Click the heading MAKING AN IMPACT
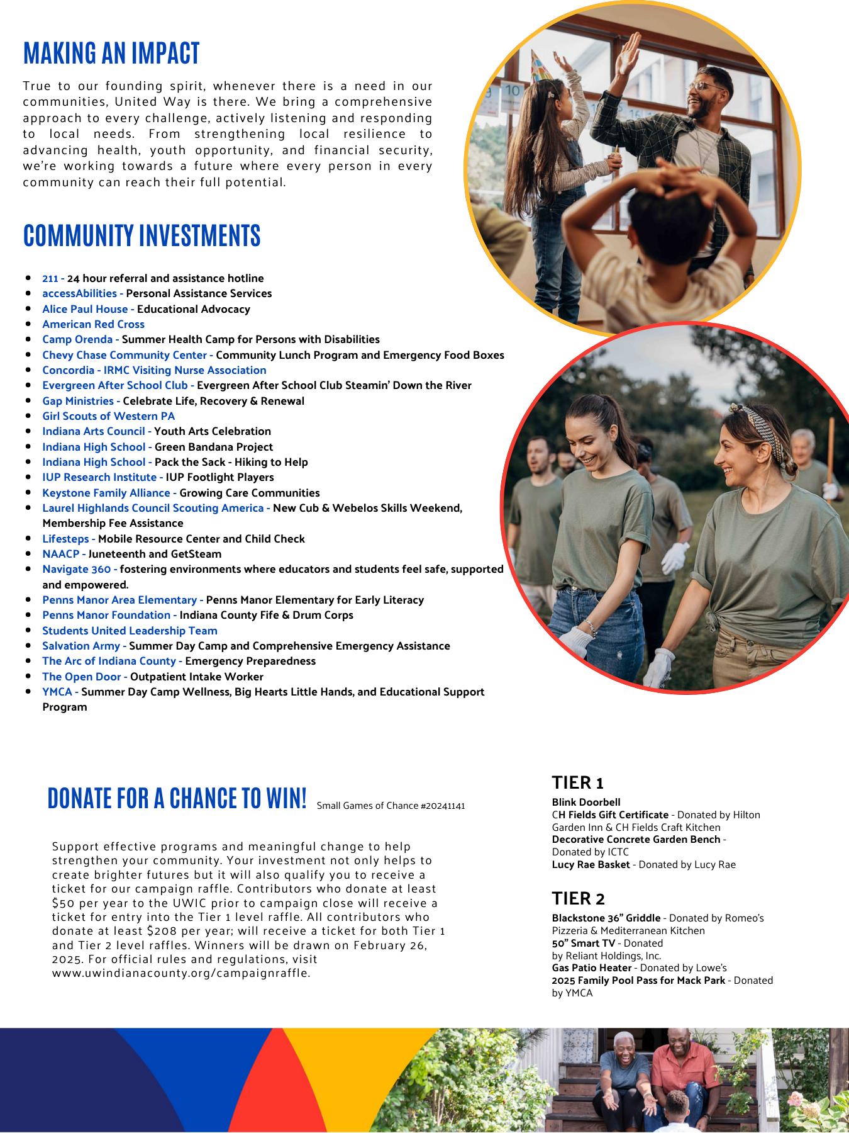point(111,54)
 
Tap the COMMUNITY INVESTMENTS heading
point(141,236)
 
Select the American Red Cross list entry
point(93,324)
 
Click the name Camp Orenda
point(77,339)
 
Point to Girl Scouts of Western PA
point(108,416)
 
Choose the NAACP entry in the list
point(60,554)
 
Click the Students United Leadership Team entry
point(130,631)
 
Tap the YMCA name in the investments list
point(57,692)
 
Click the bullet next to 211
point(29,278)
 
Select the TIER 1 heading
point(577,783)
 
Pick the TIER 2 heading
point(578,899)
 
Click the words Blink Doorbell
point(585,802)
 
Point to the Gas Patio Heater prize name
point(591,967)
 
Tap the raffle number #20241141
point(443,806)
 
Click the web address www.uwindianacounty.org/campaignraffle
point(180,973)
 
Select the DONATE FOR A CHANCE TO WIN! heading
point(177,798)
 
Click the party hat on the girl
point(541,65)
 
